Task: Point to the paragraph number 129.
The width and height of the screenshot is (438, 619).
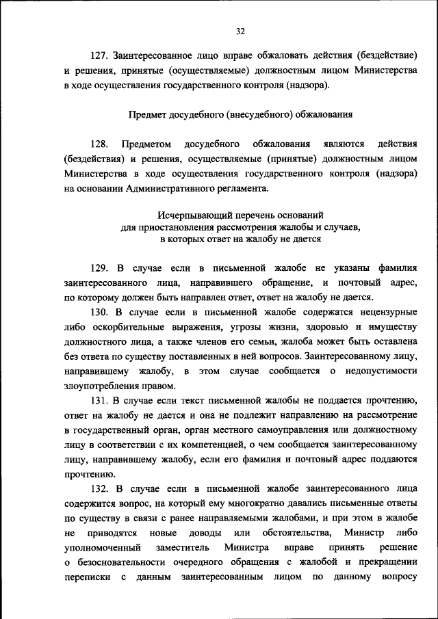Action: coord(99,267)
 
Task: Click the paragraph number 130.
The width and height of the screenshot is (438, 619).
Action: coord(99,312)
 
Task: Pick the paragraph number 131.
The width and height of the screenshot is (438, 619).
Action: coord(99,401)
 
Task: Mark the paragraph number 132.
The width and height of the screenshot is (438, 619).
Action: coord(99,489)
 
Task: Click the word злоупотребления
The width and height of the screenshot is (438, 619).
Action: coord(101,386)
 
